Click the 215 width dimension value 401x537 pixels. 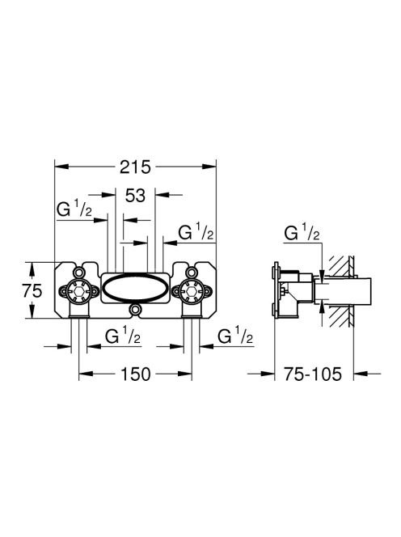[135, 167]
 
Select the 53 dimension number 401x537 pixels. [135, 196]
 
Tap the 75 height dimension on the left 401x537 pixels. [32, 291]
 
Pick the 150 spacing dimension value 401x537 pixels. [135, 374]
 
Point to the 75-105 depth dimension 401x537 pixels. [313, 374]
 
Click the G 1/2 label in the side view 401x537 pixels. [302, 234]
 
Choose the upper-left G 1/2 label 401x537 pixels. [74, 209]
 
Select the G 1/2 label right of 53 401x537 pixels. [196, 233]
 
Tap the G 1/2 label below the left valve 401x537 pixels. [123, 336]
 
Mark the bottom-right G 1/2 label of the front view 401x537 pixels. [235, 336]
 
